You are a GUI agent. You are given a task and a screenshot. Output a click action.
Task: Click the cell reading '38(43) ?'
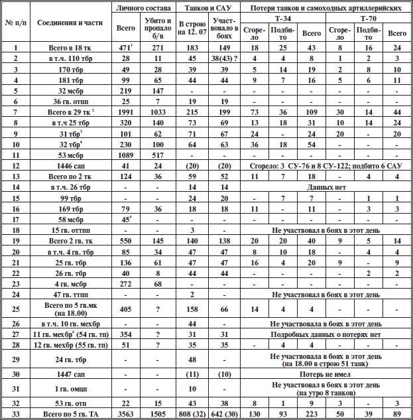226,58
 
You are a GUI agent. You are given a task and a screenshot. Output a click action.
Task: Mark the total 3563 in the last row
125,413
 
